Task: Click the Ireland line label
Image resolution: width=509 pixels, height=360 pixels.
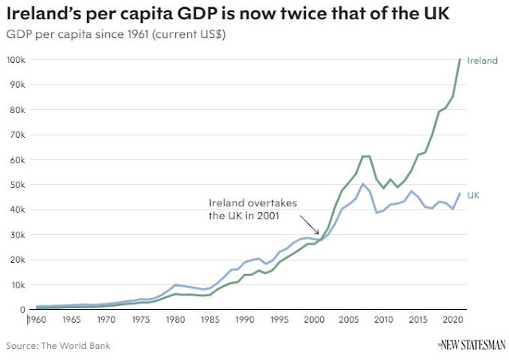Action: click(483, 61)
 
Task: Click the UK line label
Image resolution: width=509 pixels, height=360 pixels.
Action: click(473, 194)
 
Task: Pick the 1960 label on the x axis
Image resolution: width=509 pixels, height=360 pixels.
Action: click(37, 320)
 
